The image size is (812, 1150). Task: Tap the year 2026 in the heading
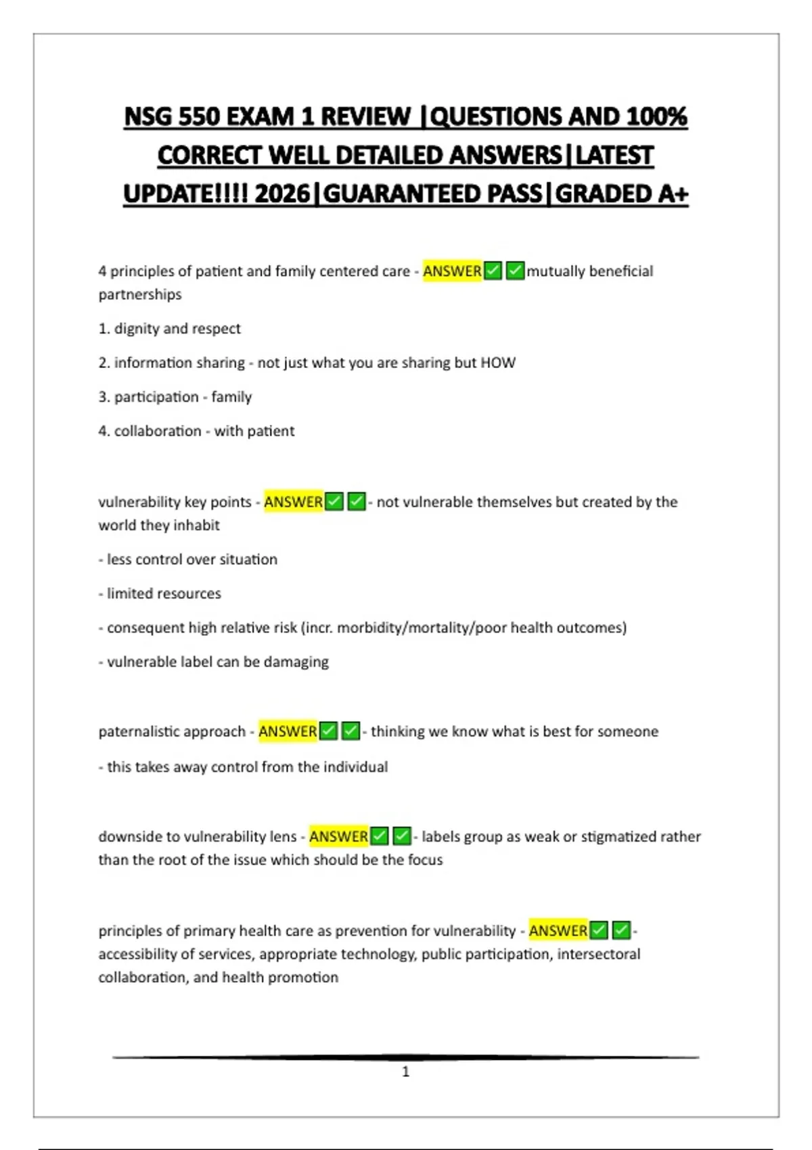(282, 194)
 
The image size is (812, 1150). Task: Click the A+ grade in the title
(672, 194)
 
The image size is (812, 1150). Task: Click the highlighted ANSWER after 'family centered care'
(452, 271)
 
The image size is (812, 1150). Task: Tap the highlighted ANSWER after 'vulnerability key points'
(293, 502)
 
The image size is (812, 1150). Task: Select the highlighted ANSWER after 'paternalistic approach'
(288, 731)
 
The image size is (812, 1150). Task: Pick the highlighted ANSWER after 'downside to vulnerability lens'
(338, 837)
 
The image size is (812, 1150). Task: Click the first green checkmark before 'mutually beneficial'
(493, 271)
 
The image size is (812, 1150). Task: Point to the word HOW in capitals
(498, 363)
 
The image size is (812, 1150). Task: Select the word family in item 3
(231, 397)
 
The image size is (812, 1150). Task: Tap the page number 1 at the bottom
(406, 1072)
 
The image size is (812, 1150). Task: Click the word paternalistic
(138, 731)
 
